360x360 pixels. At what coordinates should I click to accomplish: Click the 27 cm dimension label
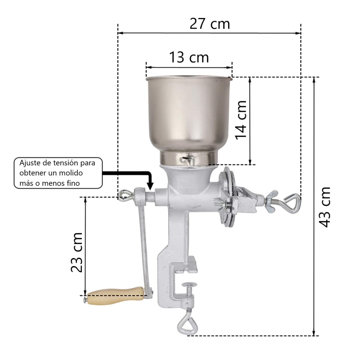click(210, 24)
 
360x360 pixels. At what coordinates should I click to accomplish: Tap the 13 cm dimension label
click(189, 57)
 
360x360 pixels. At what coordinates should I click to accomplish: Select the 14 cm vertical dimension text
click(241, 120)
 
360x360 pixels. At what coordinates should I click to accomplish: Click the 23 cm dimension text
click(77, 252)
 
